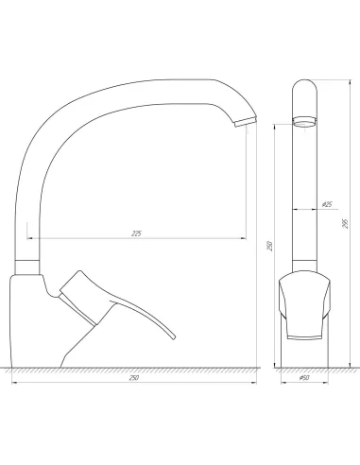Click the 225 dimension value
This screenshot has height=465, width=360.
137,232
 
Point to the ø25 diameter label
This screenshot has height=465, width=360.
326,204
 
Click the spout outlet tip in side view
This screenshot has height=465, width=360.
242,120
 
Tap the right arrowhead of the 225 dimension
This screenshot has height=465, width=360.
244,237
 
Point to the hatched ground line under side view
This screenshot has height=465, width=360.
132,368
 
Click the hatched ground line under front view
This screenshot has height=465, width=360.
304,368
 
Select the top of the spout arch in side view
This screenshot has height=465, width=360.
142,82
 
